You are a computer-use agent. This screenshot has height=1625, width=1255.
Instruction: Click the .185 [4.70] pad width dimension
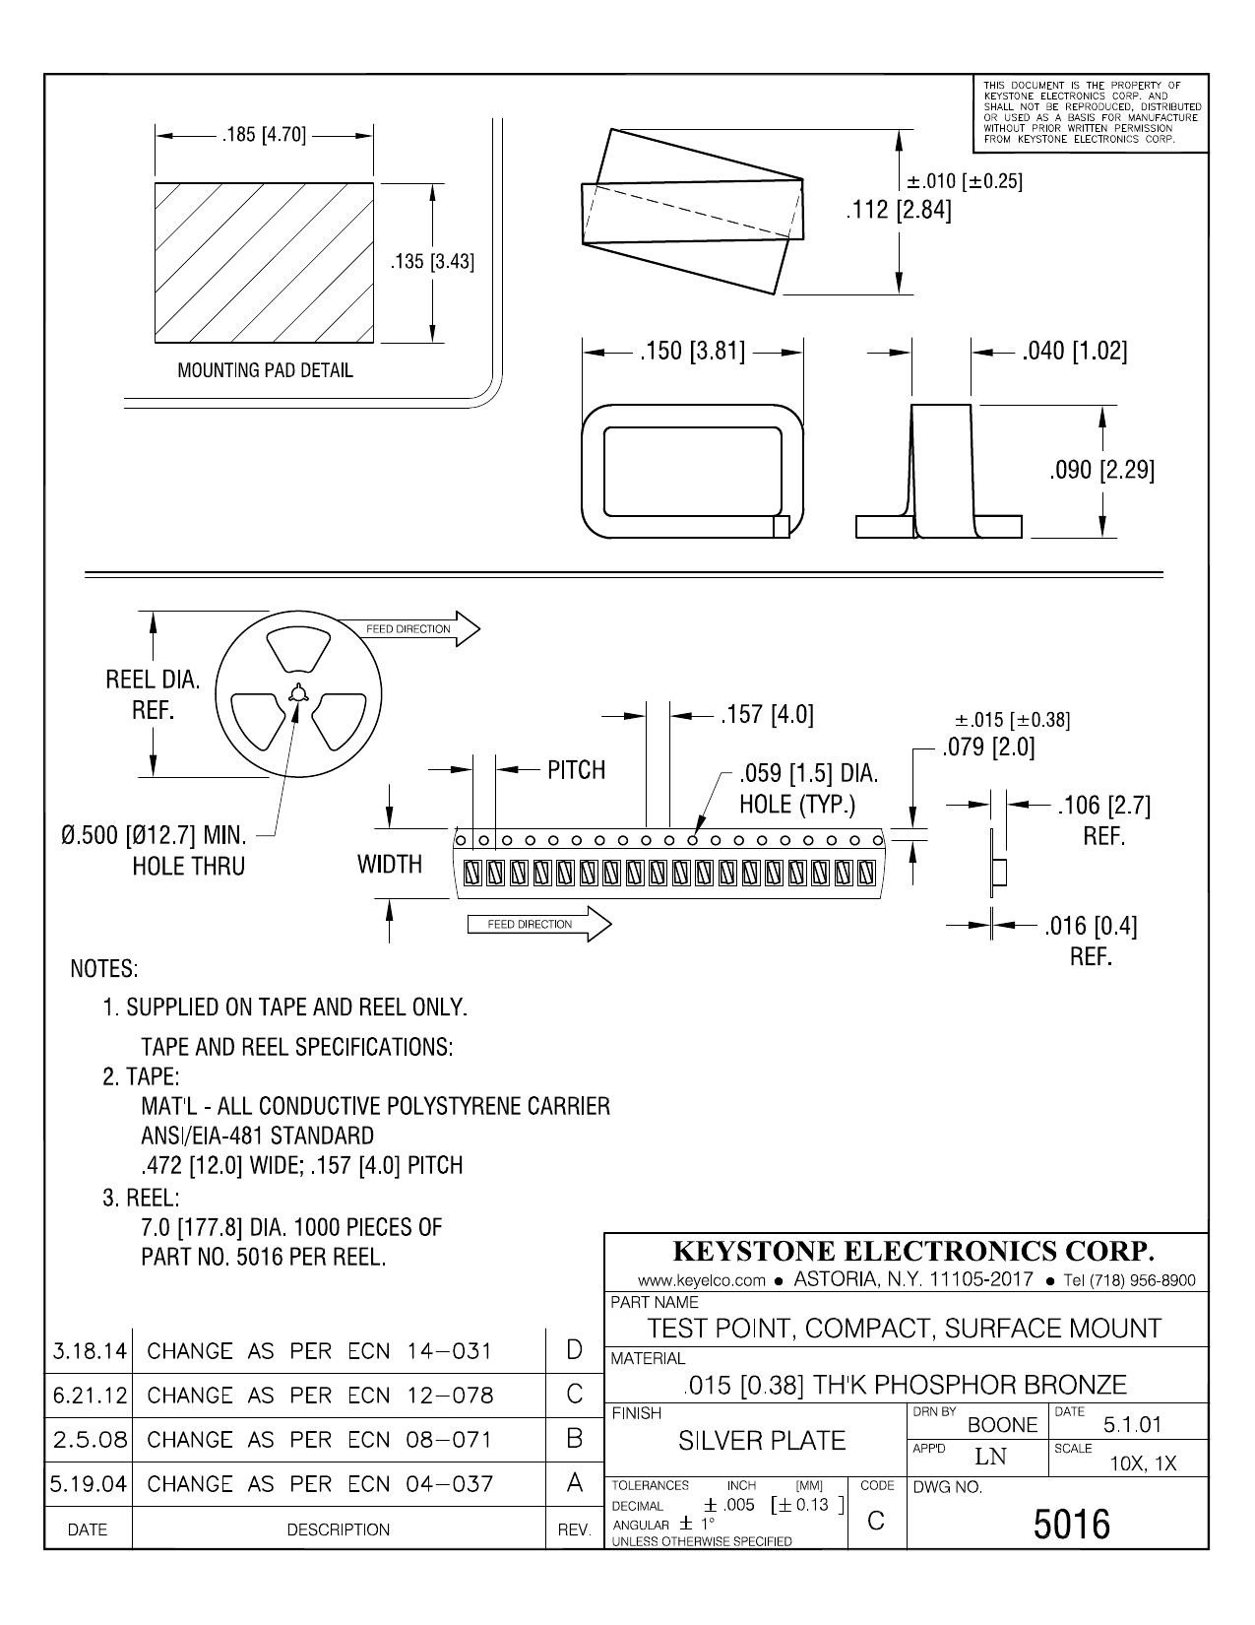264,136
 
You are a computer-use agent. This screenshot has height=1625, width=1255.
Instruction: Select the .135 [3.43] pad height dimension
432,262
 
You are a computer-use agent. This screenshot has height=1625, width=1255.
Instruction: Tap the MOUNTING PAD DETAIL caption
265,371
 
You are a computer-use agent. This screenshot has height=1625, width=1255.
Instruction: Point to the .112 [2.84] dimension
899,211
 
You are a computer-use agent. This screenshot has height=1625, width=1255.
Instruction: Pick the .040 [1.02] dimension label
1074,351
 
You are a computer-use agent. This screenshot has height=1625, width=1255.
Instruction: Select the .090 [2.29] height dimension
1101,470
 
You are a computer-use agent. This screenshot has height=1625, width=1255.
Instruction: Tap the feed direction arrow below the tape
536,925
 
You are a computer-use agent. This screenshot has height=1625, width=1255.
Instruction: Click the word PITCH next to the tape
576,770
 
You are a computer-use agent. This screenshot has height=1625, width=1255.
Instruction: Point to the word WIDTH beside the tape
390,864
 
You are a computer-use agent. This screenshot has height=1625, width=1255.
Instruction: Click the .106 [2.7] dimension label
1102,806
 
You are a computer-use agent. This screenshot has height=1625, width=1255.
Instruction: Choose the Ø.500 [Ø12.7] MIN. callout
153,837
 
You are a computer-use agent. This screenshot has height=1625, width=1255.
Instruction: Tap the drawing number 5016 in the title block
1071,1526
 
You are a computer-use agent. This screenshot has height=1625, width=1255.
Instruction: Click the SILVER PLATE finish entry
762,1441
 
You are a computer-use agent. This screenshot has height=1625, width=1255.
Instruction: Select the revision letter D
575,1350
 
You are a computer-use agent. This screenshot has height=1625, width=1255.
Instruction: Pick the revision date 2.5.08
90,1440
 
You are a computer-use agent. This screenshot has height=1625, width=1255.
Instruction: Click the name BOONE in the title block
1003,1425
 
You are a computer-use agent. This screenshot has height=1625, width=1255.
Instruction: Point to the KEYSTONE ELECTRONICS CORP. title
912,1252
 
